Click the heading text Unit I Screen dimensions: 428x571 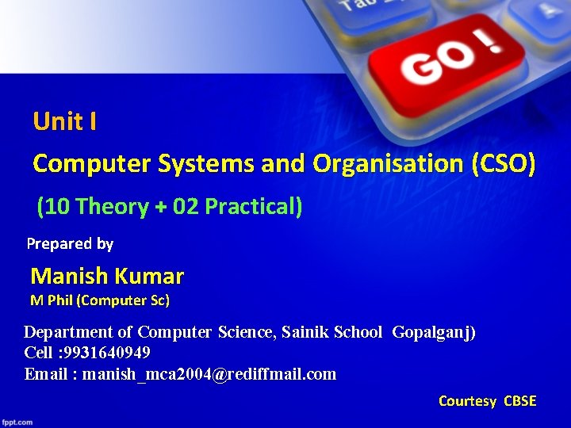pos(65,121)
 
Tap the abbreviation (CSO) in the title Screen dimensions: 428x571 pos(504,164)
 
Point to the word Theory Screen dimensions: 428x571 pos(112,207)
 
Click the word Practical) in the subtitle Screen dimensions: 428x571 pos(254,207)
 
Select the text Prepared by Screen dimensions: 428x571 pos(70,244)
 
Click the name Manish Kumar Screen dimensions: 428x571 pos(107,277)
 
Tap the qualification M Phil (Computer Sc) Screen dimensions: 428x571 pos(100,300)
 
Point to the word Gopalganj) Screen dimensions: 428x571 pos(434,332)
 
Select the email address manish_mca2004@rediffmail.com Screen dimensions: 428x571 pos(209,374)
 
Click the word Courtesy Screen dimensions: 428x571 pos(467,401)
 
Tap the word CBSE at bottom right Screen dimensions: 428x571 pos(520,401)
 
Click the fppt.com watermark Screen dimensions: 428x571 pos(17,422)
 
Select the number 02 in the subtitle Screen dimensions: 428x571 pos(186,207)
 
